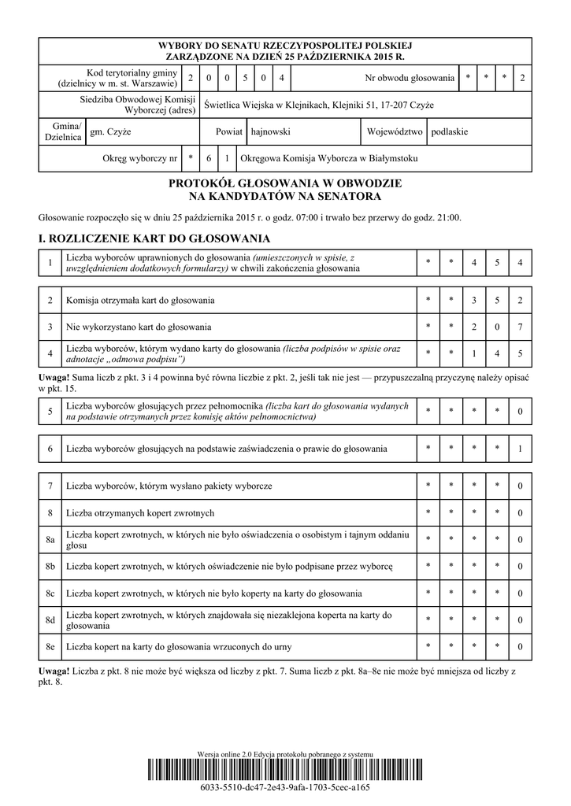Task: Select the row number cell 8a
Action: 50,540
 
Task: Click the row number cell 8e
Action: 50,647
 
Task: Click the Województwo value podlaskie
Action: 449,131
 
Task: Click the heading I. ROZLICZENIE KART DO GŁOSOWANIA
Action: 154,238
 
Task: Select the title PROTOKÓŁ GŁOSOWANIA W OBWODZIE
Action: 285,183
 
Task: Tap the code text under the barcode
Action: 285,787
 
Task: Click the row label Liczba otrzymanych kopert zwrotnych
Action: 140,513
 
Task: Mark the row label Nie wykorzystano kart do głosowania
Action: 139,327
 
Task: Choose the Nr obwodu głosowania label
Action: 410,78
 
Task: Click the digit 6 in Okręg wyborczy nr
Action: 209,158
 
